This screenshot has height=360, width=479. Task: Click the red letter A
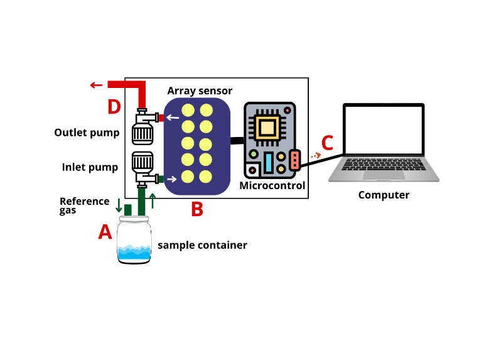coord(105,232)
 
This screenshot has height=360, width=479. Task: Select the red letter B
coord(197,209)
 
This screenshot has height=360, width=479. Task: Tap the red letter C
coord(328,141)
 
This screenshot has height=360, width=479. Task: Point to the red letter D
coord(114,107)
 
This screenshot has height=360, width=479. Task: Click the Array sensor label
coord(200,91)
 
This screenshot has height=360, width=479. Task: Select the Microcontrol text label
coord(272,185)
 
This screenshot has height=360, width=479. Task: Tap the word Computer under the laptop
coord(384,195)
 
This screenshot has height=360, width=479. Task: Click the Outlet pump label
coord(87,133)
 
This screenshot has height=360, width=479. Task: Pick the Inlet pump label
coord(90,167)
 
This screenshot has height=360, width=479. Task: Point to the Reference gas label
coord(84,205)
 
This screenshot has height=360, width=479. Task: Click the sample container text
coord(202,245)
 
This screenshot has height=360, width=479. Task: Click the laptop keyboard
coord(384,165)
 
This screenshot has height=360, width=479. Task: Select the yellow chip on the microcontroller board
coord(267,128)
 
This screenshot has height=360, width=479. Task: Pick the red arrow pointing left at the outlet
coord(96,85)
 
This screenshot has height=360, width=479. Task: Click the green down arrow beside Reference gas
coord(119,205)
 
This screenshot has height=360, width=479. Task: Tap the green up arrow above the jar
coord(152,200)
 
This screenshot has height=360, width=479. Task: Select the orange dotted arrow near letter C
coord(315,155)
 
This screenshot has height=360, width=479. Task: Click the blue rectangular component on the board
coord(268,162)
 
